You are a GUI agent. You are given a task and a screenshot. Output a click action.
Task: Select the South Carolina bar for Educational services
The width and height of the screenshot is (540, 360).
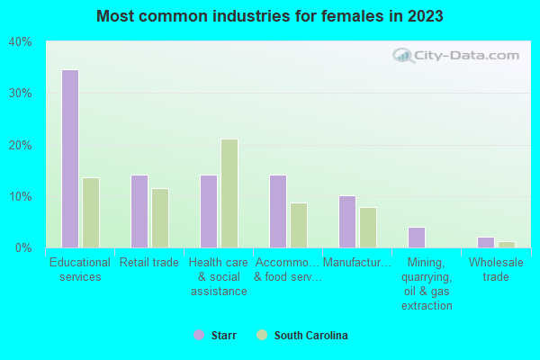click(91, 212)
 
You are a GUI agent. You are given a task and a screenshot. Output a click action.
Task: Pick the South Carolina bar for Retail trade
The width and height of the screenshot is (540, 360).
click(160, 218)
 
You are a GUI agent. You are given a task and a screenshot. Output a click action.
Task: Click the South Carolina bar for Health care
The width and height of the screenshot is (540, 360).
click(229, 193)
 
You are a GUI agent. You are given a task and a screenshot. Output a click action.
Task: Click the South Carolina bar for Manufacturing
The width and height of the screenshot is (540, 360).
click(368, 228)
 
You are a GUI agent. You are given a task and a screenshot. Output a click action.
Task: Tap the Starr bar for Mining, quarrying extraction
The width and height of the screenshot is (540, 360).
click(417, 238)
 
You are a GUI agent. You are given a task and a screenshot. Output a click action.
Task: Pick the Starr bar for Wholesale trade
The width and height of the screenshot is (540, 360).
click(486, 242)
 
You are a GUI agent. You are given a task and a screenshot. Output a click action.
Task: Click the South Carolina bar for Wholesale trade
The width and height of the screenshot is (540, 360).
click(507, 245)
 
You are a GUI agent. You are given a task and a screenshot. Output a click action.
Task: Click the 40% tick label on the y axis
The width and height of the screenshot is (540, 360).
click(21, 42)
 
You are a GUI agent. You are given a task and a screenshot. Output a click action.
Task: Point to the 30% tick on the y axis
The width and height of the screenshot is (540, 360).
click(21, 94)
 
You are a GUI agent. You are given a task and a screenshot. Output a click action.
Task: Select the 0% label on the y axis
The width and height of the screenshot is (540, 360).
click(23, 247)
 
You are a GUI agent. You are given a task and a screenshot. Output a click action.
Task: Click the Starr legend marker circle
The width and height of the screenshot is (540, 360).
click(199, 335)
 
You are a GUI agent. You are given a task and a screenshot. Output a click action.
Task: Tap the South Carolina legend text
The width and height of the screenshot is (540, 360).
click(310, 335)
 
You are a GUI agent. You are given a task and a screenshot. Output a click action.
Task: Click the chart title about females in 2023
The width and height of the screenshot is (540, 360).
click(270, 16)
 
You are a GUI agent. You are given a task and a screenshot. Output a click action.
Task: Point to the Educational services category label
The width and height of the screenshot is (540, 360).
click(80, 270)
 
